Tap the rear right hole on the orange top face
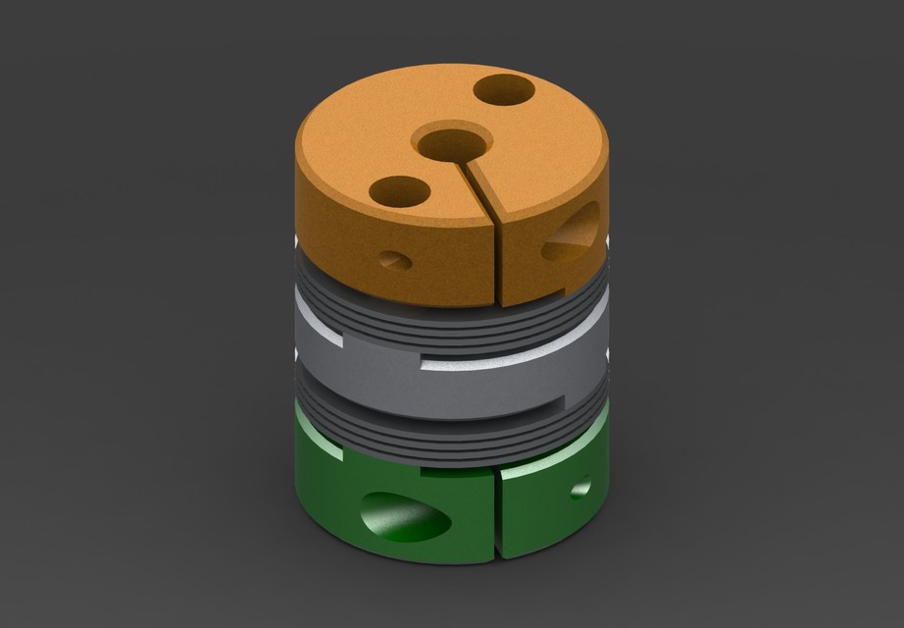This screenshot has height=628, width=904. click(x=504, y=92)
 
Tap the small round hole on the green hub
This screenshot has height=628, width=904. click(x=580, y=486)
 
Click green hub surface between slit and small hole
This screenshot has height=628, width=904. click(x=539, y=500)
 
